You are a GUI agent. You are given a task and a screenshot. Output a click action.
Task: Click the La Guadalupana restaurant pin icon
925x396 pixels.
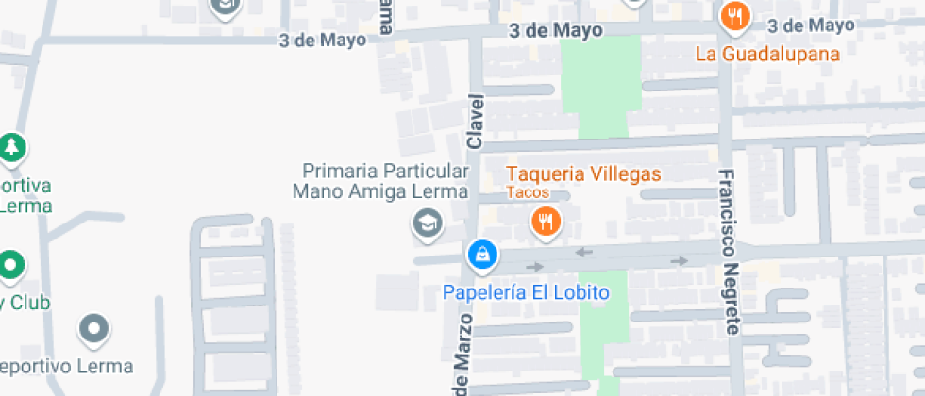tap(735, 16)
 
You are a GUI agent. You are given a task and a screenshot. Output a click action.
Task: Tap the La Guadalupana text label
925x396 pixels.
tap(767, 54)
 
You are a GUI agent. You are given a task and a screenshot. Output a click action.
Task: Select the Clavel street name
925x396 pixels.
tap(475, 122)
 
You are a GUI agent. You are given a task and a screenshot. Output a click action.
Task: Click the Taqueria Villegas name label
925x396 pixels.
tap(583, 174)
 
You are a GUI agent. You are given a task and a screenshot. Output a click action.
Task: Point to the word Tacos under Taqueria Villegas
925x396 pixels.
tap(527, 192)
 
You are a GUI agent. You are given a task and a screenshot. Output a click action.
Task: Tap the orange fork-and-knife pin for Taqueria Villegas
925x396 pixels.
tap(545, 223)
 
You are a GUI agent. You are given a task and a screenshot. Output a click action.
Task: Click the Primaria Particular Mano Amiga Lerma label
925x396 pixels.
tap(386, 181)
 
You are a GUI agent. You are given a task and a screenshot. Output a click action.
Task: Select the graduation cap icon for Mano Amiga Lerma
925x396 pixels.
tap(428, 224)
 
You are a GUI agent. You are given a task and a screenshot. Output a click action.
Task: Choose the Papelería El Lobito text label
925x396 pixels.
tap(527, 292)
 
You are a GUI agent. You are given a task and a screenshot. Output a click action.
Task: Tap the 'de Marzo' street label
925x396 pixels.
tap(461, 358)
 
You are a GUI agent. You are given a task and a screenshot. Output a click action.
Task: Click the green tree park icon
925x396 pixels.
tap(11, 147)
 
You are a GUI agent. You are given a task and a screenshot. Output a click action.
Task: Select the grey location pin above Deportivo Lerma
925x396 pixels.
tap(93, 329)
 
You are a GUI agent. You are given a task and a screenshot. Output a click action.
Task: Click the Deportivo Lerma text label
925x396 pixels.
tap(66, 366)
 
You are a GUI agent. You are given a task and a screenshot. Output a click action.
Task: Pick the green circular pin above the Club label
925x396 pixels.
tap(10, 265)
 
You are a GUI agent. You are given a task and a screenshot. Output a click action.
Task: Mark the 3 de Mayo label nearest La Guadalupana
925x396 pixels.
tap(812, 25)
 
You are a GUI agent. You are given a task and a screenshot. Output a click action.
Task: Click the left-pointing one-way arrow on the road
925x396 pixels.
tap(583, 252)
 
